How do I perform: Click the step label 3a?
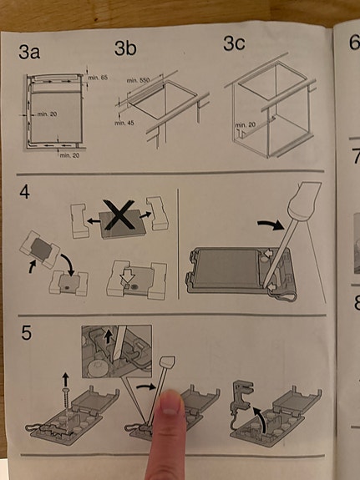point(29,52)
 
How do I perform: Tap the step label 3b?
point(125,48)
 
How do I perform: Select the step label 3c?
point(234,43)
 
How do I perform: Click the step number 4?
point(24,192)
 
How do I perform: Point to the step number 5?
point(27,332)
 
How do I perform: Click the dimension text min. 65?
point(98,78)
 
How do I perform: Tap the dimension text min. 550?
point(138,80)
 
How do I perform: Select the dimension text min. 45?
point(124,123)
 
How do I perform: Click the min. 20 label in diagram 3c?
point(245,125)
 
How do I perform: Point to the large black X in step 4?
point(119,215)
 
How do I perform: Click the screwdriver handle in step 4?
point(305,201)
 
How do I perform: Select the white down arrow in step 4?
point(128,277)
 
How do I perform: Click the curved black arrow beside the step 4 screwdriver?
point(271,225)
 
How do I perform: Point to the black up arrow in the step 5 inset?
point(108,336)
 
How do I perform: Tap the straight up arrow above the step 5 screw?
point(65,379)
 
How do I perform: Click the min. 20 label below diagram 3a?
point(69,155)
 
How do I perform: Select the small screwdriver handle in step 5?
point(168,361)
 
